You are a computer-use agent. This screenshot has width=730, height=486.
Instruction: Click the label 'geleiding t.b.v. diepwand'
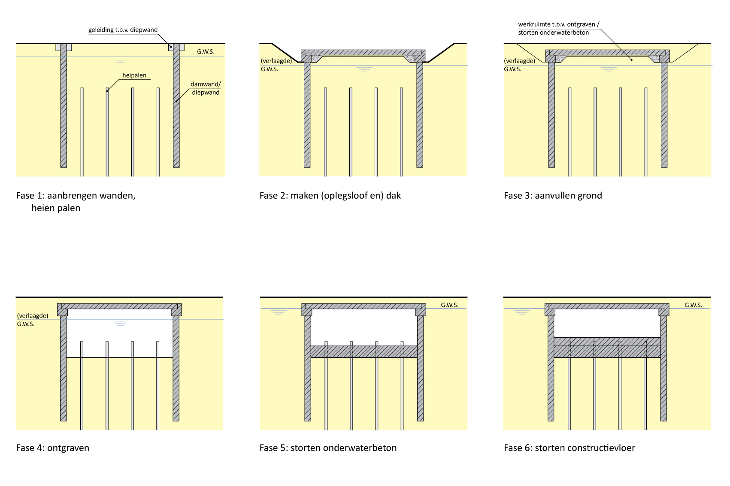123,30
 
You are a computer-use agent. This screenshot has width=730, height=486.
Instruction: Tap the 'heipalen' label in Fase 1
134,75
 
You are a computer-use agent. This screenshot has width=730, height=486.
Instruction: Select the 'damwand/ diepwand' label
206,88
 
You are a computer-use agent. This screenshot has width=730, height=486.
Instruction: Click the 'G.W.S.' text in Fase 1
206,52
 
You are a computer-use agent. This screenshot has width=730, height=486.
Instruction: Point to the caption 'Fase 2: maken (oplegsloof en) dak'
330,196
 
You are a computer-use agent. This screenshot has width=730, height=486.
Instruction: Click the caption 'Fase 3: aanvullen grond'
553,196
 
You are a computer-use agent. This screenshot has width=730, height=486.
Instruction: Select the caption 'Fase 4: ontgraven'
53,448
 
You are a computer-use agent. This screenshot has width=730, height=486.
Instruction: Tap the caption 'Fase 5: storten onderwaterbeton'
328,448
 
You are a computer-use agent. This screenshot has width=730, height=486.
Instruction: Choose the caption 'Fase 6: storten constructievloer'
569,448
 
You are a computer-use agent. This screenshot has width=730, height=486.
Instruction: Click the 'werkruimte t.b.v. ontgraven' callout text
559,25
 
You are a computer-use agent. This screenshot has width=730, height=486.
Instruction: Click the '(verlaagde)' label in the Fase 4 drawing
33,316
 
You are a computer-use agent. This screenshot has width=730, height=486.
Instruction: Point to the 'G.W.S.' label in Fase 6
693,305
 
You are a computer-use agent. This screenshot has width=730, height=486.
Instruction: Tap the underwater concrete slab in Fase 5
364,352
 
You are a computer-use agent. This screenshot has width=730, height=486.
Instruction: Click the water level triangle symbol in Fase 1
120,60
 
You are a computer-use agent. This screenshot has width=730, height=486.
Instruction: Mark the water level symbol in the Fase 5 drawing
279,312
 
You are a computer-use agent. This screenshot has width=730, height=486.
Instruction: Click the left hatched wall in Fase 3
551,116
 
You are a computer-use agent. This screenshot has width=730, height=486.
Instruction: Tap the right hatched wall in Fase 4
176,369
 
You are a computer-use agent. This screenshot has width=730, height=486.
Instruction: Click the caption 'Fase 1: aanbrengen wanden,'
76,196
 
